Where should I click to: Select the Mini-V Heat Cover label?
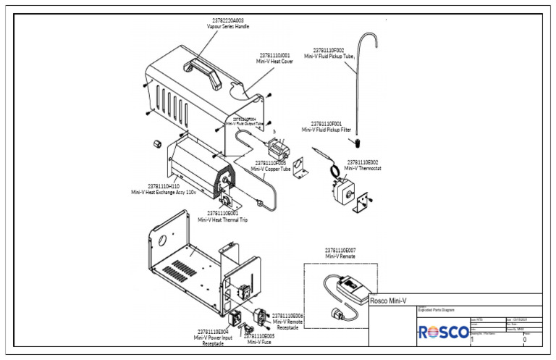[x=274, y=59]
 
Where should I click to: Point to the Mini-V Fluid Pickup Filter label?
[x=331, y=127]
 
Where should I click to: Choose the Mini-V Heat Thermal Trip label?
[x=223, y=217]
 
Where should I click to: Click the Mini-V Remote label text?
[x=340, y=254]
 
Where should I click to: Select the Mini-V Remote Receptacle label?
[x=287, y=322]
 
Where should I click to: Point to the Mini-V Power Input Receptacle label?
[x=213, y=338]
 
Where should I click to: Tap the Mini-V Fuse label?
[x=258, y=340]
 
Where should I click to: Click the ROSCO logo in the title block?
[x=443, y=332]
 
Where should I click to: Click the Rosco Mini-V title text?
[x=388, y=300]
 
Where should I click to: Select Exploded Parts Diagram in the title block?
[x=437, y=310]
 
